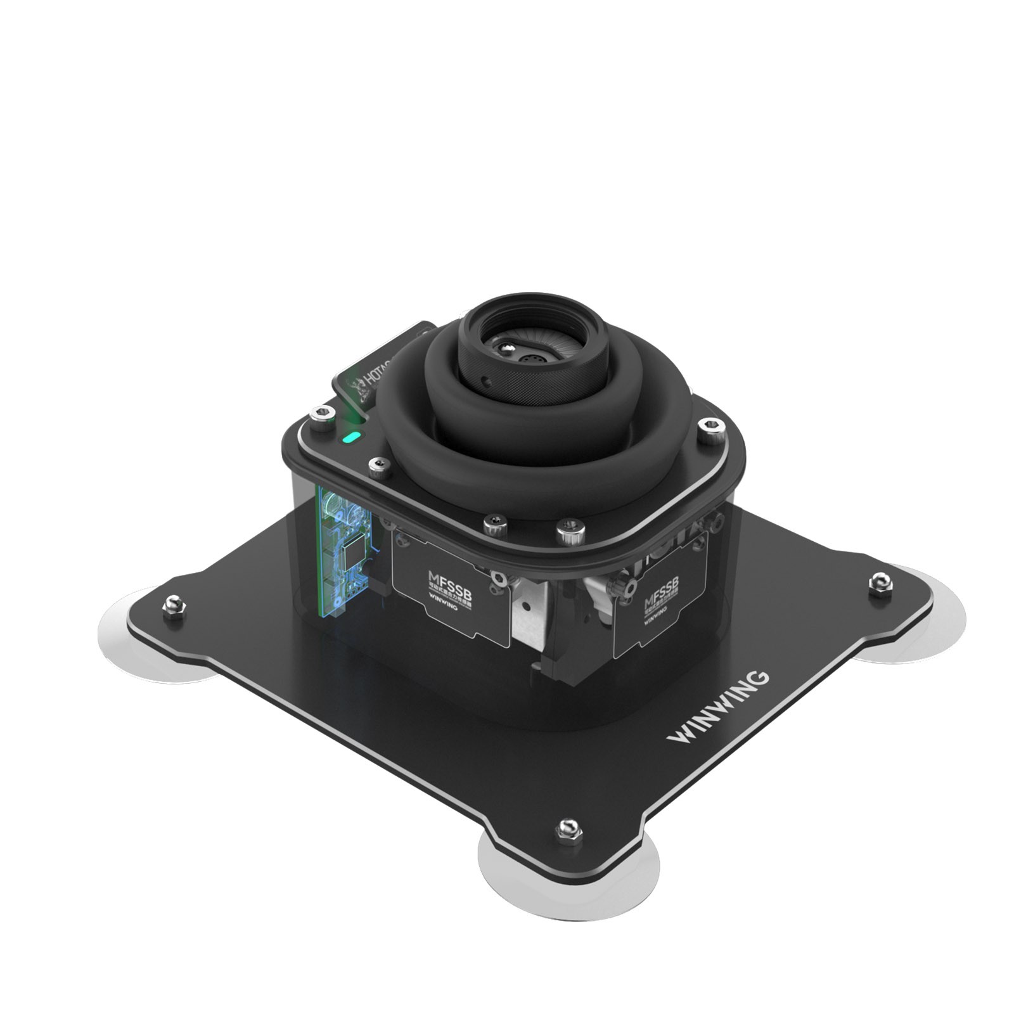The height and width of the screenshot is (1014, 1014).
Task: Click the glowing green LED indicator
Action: tap(351, 437)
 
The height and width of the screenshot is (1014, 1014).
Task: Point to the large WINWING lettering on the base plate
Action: tap(719, 707)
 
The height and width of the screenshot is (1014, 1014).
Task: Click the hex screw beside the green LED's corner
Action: tap(322, 416)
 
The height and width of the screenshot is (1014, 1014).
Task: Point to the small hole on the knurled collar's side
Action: tap(485, 382)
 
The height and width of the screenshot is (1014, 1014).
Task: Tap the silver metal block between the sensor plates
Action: tap(529, 612)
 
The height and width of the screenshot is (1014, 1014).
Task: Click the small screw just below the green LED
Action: tap(379, 468)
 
